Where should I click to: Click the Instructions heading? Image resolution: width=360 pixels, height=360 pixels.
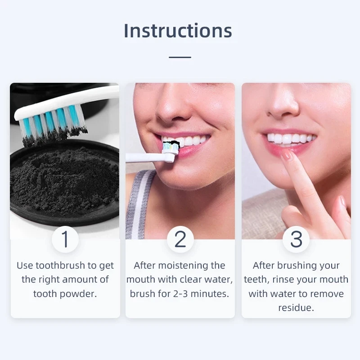(x=178, y=31)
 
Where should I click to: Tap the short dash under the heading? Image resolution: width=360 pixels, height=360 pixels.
(x=180, y=57)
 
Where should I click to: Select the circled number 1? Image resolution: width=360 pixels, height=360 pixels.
(x=65, y=239)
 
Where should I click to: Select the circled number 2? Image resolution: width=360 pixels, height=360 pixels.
(x=180, y=239)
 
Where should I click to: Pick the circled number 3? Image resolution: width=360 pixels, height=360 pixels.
(x=296, y=239)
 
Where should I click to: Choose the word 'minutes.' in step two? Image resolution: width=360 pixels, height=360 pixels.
(x=212, y=294)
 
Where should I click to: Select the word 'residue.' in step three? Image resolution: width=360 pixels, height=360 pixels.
(x=296, y=308)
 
